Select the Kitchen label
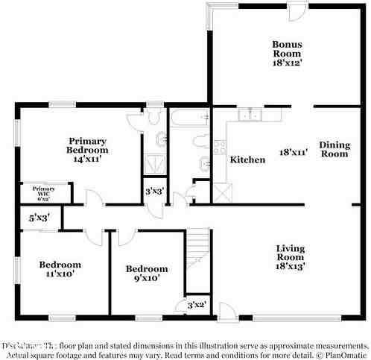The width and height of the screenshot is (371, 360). (x=247, y=160)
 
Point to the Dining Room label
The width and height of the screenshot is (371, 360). (x=334, y=149)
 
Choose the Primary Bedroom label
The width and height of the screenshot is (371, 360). (x=88, y=145)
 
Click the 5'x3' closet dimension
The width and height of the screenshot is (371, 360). (x=39, y=218)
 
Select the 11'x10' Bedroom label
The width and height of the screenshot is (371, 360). (x=60, y=269)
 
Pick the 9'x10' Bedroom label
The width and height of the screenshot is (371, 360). (x=147, y=274)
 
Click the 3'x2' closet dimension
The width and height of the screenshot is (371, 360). (x=196, y=305)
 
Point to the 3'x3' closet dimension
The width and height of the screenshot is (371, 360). (x=154, y=191)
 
